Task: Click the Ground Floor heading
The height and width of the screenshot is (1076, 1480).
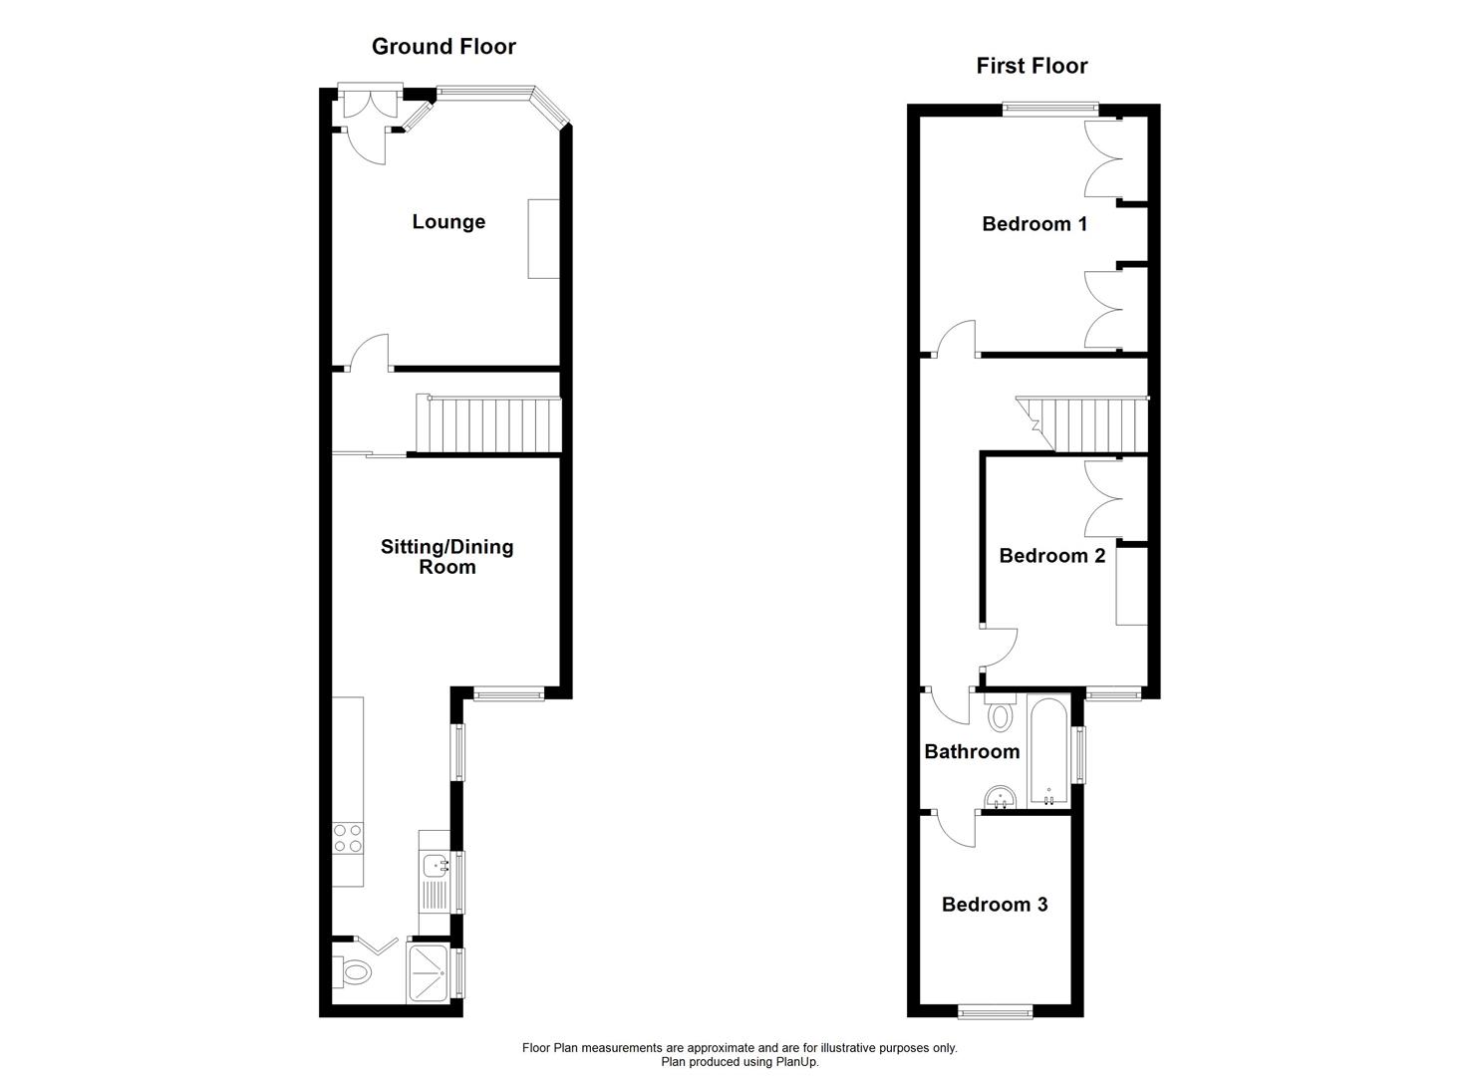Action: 444,46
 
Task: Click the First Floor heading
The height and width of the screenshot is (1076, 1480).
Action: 1032,66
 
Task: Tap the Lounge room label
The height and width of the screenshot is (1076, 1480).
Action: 448,221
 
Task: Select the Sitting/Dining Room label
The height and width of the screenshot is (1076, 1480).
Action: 446,556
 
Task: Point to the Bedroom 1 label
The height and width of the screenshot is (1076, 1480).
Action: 1034,223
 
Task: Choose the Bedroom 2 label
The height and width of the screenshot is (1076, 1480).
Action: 1051,555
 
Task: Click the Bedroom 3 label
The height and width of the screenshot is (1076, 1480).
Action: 994,904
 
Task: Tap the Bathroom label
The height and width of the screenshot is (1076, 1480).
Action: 971,751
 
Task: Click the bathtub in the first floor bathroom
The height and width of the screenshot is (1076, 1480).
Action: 1047,752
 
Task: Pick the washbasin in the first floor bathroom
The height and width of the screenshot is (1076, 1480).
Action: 999,798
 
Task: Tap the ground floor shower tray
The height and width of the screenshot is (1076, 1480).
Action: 430,971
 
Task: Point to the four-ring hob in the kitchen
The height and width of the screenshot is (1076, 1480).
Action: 348,837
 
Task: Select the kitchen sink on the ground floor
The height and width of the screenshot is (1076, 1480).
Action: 436,866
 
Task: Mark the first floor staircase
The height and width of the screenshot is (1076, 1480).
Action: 1086,423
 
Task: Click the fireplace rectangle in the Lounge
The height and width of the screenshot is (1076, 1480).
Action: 543,238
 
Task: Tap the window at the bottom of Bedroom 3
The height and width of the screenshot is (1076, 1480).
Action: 995,1011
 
